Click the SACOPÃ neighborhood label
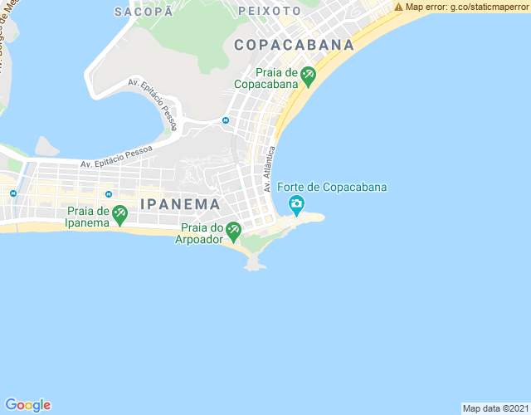144,12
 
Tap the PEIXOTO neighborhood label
270,12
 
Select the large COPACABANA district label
294,46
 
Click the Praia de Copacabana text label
265,78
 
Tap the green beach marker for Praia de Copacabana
308,77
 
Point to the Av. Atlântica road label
269,169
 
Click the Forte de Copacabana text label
332,187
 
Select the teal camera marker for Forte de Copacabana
296,204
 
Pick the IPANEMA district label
181,204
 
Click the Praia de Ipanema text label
88,217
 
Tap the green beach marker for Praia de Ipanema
120,216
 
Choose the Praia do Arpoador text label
199,233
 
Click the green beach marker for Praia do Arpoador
233,229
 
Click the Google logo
27,404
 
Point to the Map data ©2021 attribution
494,408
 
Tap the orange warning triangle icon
399,7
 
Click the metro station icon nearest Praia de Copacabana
225,120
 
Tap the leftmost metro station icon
13,193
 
